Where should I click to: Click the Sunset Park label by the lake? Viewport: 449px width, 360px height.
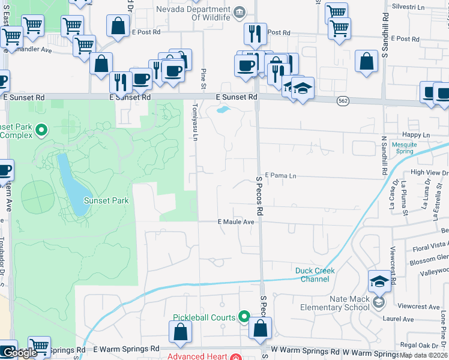106,200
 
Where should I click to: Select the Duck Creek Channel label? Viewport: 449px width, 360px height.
315,275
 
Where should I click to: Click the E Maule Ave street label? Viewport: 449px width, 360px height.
237,221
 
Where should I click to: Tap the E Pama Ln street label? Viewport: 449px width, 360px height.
280,176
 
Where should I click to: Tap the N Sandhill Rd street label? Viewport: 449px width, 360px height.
384,156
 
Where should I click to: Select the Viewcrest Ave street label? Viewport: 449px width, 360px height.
418,307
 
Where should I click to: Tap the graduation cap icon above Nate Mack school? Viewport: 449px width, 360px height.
379,281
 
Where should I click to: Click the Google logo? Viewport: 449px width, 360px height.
20,353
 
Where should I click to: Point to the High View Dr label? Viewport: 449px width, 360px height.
429,173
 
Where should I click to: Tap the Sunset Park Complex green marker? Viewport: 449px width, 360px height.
41,129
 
